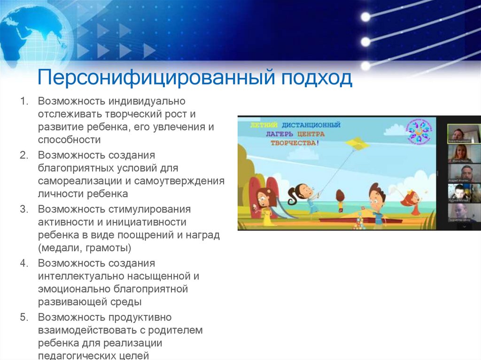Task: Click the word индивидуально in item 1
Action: pos(147,101)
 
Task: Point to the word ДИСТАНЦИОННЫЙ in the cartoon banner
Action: pos(311,125)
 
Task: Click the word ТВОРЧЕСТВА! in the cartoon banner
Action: pos(294,142)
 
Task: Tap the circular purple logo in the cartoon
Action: pos(417,132)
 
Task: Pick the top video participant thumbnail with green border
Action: pos(464,134)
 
